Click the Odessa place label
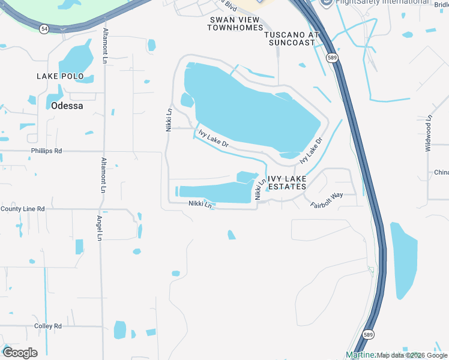tap(67, 105)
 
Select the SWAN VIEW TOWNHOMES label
tap(235, 23)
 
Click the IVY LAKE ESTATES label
tap(287, 182)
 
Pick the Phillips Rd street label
tap(47, 151)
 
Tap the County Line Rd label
tap(23, 209)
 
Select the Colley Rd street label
tap(48, 326)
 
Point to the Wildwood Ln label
tap(429, 133)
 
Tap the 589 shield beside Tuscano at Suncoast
tap(332, 58)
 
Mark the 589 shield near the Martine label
tap(369, 334)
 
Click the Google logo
tap(19, 353)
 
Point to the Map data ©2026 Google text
tap(411, 355)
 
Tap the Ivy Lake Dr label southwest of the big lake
tap(214, 140)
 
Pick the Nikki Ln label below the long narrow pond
tap(200, 204)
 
